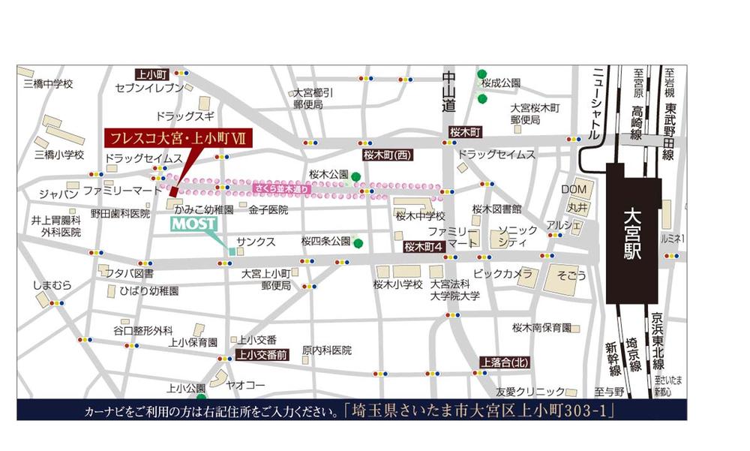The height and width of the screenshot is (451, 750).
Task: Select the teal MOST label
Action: click(x=194, y=224)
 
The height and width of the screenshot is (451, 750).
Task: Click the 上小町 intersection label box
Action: click(x=154, y=74)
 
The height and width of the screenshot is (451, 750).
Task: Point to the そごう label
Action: click(x=573, y=275)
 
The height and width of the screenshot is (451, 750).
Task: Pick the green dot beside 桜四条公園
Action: click(x=359, y=242)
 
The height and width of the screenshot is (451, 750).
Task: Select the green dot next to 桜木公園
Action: click(x=355, y=177)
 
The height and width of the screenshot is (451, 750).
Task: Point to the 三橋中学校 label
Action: click(x=48, y=83)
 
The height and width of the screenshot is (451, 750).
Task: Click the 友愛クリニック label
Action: click(x=529, y=391)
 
